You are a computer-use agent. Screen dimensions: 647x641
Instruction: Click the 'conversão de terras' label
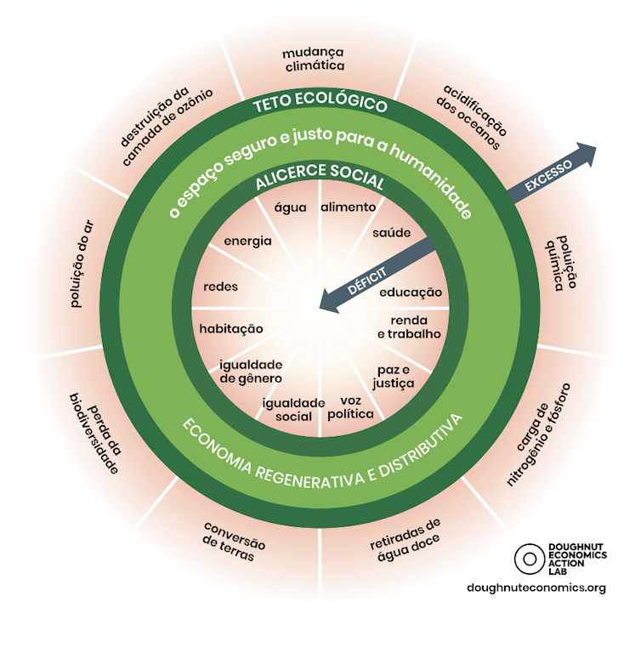232,540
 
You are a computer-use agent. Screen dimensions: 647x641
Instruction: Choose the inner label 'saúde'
392,232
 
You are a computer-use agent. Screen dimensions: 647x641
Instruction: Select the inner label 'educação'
411,292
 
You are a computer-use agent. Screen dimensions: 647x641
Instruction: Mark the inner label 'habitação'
231,328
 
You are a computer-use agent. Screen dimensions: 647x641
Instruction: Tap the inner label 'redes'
220,286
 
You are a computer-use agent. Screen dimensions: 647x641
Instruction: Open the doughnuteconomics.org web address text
536,587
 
